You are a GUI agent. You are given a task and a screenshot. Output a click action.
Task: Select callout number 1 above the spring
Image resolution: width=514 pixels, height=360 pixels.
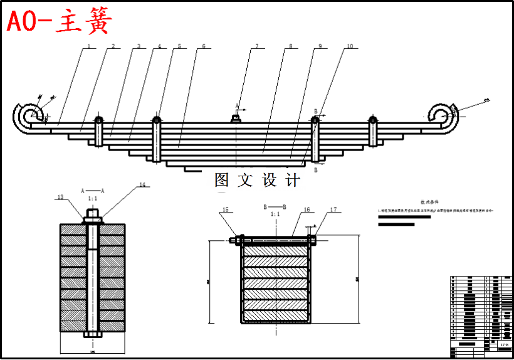[x=89, y=46]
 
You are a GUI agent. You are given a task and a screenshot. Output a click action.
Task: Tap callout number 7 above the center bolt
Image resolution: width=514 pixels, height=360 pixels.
[x=256, y=46]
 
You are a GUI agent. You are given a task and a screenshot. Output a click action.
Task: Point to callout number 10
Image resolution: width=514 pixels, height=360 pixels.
[x=349, y=46]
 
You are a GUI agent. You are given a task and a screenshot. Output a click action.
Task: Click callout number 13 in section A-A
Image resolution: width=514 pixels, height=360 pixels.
[x=60, y=197]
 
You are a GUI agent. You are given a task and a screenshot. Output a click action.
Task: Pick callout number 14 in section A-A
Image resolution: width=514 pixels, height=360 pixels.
[x=142, y=184]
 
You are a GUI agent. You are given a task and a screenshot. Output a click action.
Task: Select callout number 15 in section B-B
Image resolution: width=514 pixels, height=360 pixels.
[x=226, y=210]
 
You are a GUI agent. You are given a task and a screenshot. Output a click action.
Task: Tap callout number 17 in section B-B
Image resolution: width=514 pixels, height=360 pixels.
[x=333, y=210]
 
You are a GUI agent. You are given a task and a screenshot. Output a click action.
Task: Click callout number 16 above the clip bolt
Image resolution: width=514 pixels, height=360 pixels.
[x=307, y=210]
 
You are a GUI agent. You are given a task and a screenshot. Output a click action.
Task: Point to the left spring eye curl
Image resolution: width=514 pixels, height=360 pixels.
[x=28, y=117]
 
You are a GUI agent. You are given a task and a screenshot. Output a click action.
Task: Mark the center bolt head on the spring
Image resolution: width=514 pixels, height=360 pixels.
[x=236, y=117]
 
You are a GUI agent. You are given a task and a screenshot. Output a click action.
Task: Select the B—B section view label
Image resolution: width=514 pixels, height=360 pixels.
[x=275, y=206]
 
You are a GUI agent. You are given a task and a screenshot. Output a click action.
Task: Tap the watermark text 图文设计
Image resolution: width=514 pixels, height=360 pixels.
[x=257, y=181]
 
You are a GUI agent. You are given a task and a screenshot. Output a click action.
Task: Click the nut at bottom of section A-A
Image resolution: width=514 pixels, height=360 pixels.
[x=93, y=334]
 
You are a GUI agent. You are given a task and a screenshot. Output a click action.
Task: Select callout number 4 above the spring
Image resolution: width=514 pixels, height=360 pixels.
[x=159, y=46]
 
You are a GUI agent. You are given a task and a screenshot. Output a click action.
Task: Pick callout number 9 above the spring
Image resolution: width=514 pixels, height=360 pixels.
[x=319, y=46]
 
